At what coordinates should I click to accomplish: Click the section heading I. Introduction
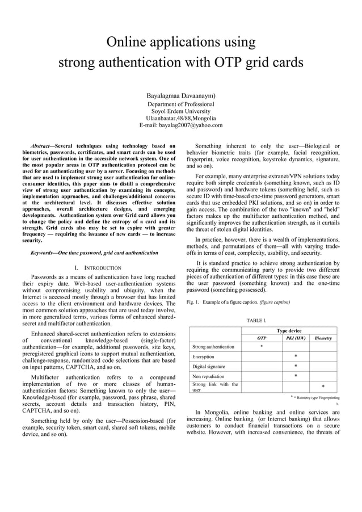(98, 267)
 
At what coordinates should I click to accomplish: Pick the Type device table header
(289, 330)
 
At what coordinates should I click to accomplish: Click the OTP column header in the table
(262, 338)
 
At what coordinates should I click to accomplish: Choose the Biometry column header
(323, 338)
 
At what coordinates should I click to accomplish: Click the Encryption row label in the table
(203, 356)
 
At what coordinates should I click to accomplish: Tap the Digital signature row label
(208, 367)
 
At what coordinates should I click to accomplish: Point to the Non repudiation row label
(208, 376)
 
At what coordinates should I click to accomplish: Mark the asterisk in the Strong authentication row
(261, 346)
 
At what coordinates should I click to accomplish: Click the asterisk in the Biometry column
(323, 387)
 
